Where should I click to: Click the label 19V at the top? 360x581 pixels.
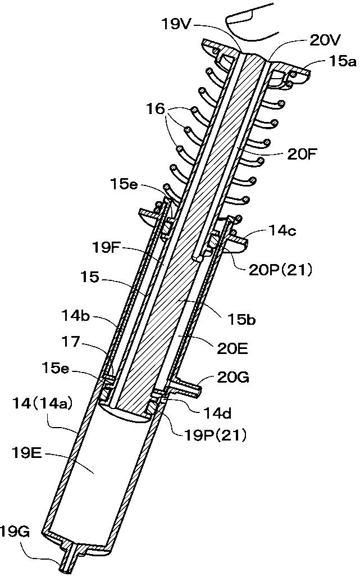click(176, 24)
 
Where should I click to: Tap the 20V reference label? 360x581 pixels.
click(325, 40)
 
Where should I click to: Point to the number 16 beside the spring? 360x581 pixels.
click(155, 109)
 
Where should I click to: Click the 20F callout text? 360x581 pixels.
click(302, 154)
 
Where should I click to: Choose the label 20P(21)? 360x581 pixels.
click(280, 270)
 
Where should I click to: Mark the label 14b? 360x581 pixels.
click(75, 317)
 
